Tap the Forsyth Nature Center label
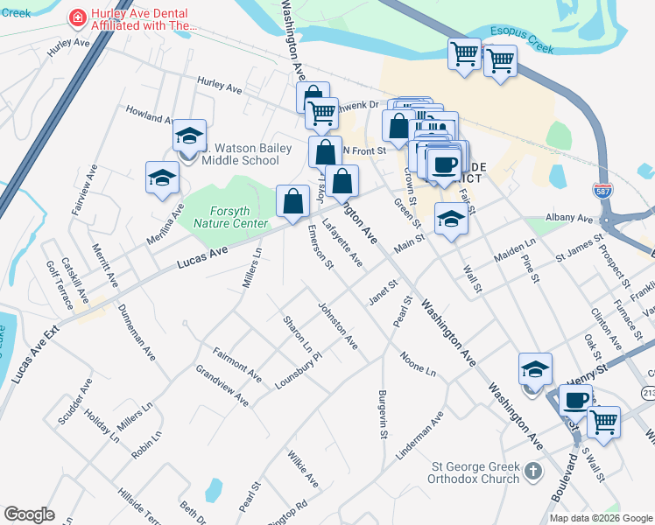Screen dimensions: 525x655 point(226,217)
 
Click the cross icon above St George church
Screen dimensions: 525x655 point(533,473)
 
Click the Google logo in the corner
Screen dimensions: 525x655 point(29,514)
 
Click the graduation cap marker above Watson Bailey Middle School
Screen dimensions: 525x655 point(189,136)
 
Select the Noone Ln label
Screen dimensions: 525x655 point(419,364)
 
